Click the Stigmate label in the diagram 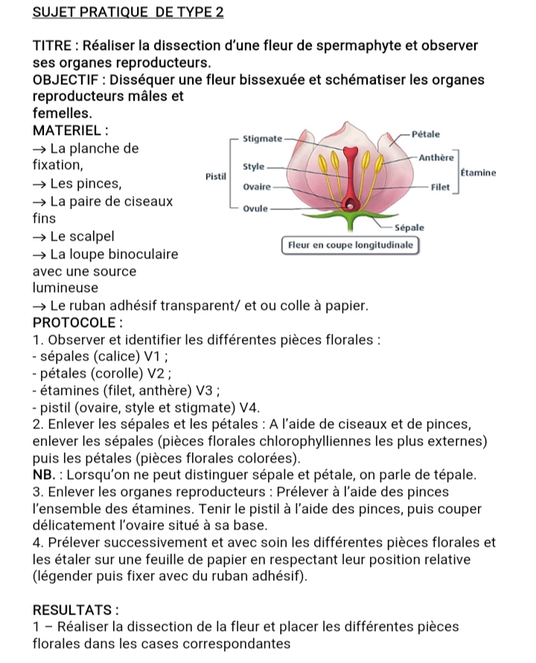point(263,139)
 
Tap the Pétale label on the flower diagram point(426,134)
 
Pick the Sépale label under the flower point(409,228)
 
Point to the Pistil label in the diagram point(215,177)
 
